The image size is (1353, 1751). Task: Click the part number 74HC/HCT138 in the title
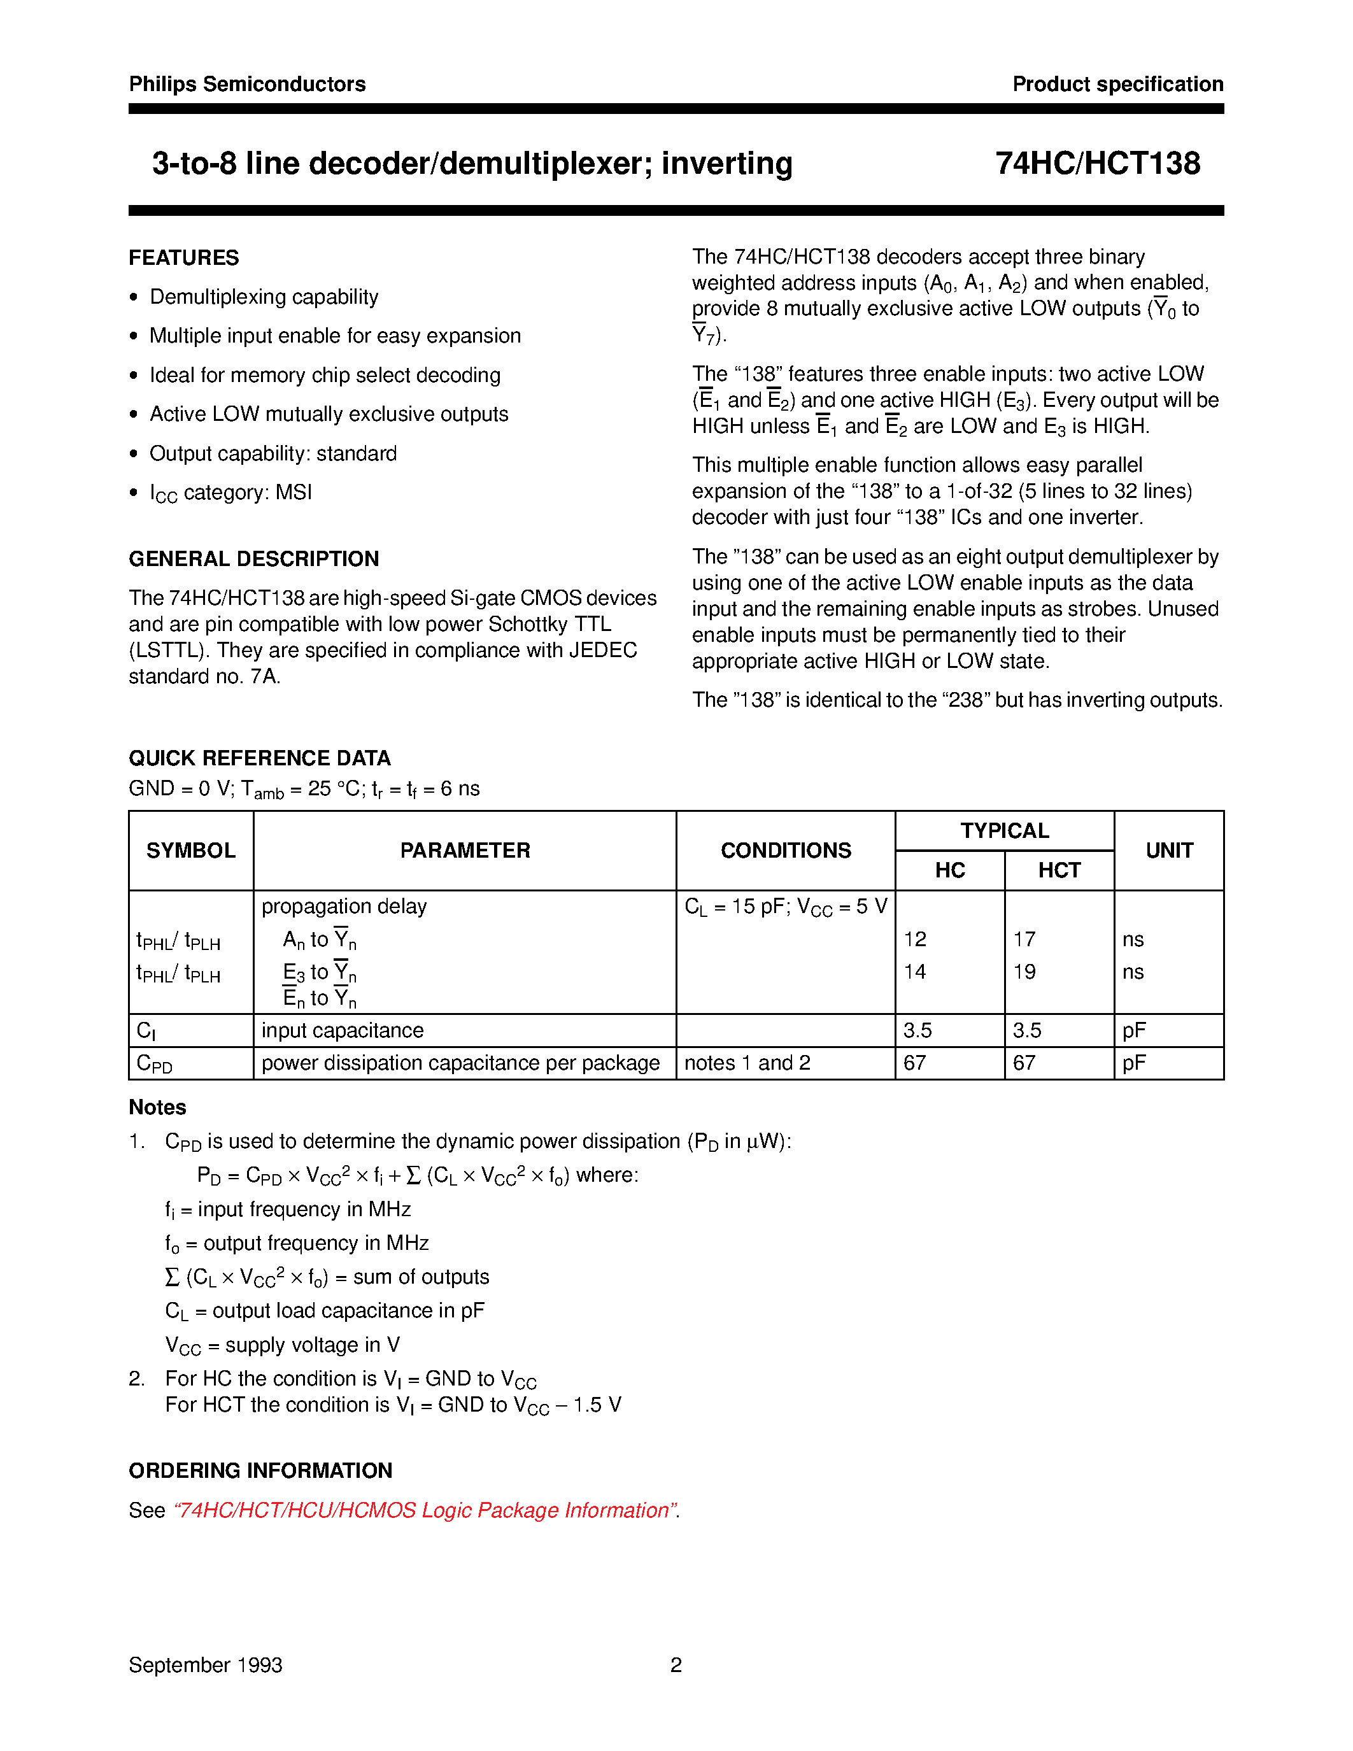[x=1097, y=164]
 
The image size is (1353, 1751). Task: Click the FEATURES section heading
[x=183, y=257]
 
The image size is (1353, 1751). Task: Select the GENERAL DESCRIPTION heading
[x=253, y=559]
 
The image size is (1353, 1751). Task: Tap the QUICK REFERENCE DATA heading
[x=260, y=758]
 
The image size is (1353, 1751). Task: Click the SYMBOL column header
[x=191, y=850]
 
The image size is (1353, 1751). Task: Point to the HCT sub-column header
[x=1059, y=870]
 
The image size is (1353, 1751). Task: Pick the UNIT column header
[x=1168, y=850]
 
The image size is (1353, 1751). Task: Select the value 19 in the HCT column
[x=1024, y=972]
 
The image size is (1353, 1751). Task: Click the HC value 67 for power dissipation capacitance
[x=914, y=1063]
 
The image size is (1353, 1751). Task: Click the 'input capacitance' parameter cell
[x=343, y=1030]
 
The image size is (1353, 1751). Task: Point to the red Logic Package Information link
[x=425, y=1510]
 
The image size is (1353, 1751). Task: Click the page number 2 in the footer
[x=676, y=1665]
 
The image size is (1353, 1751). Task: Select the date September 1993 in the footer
[x=205, y=1665]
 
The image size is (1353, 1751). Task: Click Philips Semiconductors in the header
[x=247, y=84]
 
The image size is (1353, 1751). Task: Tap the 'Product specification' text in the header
[x=1117, y=84]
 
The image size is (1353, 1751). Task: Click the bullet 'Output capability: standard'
[x=273, y=454]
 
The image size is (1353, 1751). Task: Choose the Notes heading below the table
[x=157, y=1107]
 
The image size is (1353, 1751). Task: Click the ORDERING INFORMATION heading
[x=260, y=1470]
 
